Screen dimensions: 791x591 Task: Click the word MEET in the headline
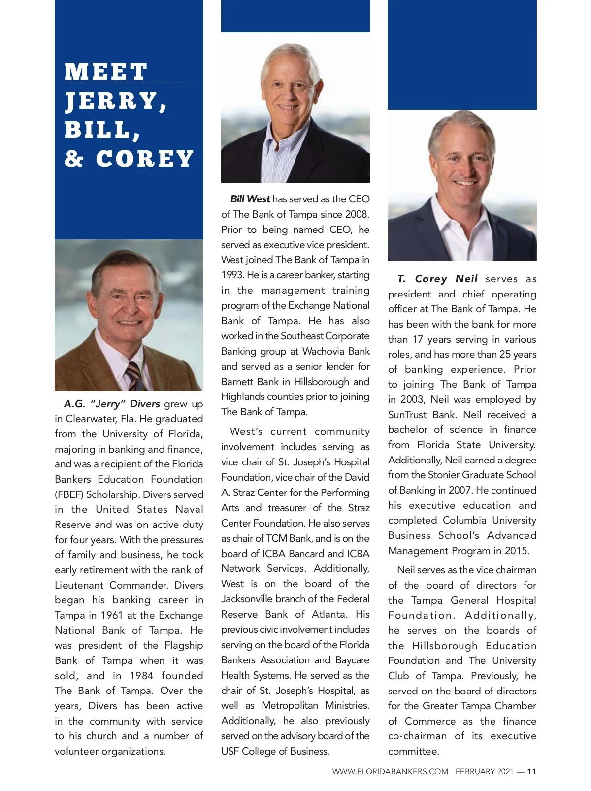(106, 72)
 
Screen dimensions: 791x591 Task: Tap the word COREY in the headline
(145, 159)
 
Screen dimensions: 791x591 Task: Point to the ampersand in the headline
(74, 159)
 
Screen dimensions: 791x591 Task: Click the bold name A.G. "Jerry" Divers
(112, 404)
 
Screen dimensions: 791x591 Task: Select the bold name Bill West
(250, 199)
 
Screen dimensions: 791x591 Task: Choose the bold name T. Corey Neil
(437, 279)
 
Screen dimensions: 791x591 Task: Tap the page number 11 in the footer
(531, 772)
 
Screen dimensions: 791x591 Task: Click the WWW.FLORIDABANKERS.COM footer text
(390, 772)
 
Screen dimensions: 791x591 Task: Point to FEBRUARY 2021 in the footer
(484, 772)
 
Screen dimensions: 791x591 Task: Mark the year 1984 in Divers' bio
(141, 676)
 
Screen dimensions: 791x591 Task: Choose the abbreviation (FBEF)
(69, 494)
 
